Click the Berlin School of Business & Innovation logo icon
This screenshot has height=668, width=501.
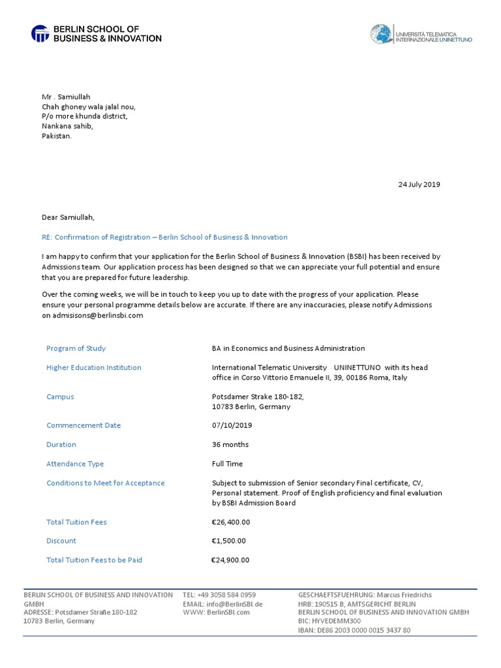click(x=40, y=34)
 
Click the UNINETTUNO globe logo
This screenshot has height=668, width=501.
click(x=381, y=34)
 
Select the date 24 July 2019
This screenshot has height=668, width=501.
click(x=419, y=185)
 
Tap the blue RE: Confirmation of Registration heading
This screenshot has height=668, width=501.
click(x=164, y=237)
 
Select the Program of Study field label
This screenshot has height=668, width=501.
click(x=76, y=348)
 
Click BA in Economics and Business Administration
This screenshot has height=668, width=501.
click(x=288, y=348)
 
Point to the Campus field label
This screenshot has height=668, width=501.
click(x=60, y=397)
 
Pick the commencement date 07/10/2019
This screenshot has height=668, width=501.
click(x=232, y=425)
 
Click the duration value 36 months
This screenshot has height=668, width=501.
click(x=230, y=445)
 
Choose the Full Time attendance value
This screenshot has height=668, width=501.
click(x=227, y=464)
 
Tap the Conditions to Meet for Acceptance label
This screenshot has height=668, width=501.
click(x=106, y=483)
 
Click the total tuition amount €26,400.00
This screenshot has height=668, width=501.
click(x=231, y=522)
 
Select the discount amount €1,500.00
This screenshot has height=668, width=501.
click(x=229, y=541)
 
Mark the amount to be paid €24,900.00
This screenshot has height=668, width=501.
click(x=230, y=560)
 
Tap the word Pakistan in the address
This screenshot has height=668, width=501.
click(x=57, y=137)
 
